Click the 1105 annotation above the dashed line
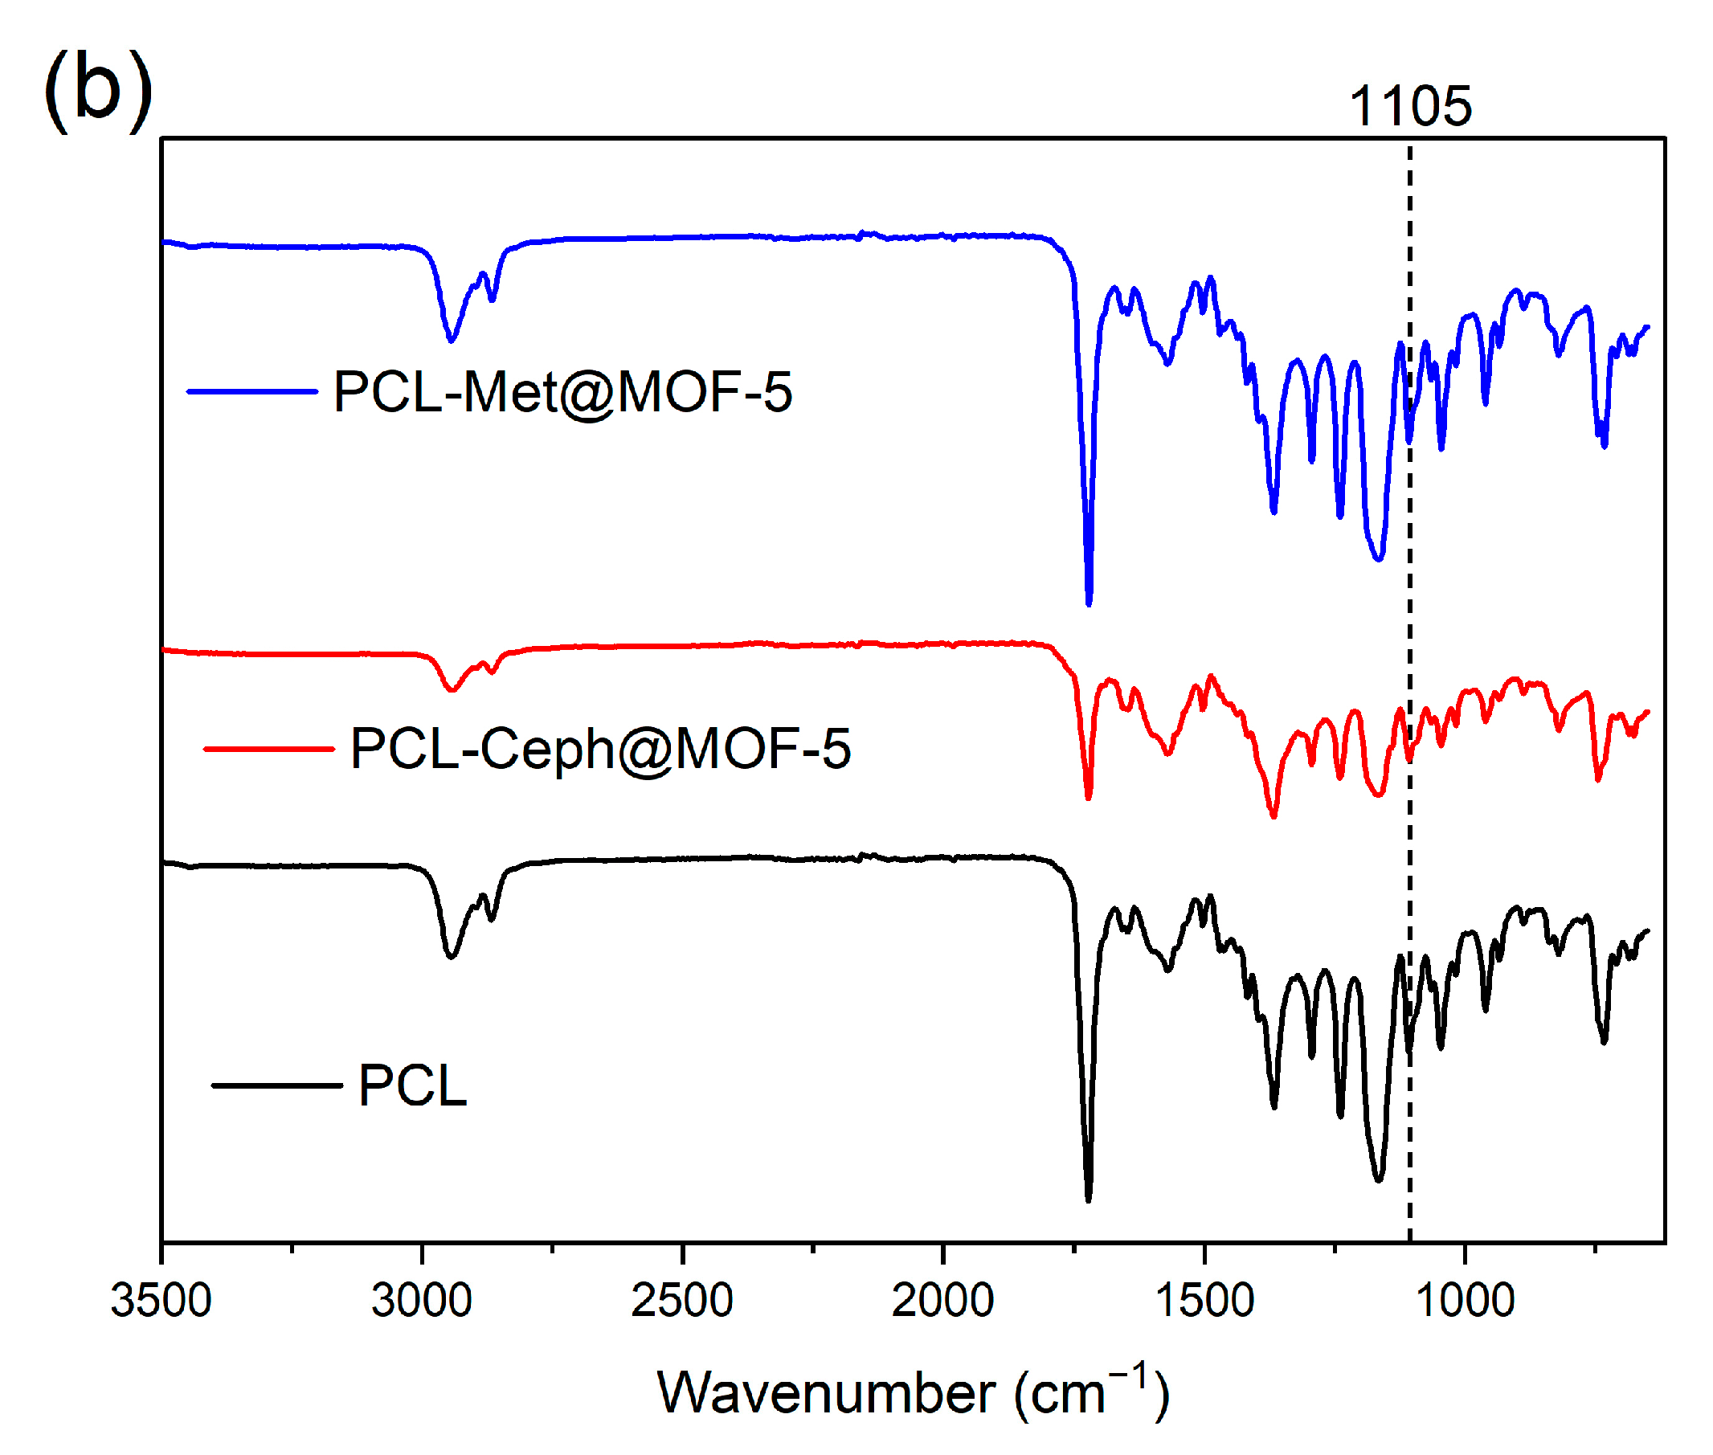click(1408, 107)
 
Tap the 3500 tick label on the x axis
click(161, 1302)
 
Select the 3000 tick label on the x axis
click(422, 1302)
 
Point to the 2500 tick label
click(682, 1302)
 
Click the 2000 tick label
click(942, 1302)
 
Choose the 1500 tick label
click(1204, 1302)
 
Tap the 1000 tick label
click(1464, 1302)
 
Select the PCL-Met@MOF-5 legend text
click(562, 392)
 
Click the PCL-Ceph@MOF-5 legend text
click(600, 749)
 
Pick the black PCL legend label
click(412, 1085)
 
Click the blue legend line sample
click(252, 392)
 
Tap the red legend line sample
click(269, 749)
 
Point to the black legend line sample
click(277, 1085)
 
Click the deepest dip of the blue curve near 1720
click(1089, 602)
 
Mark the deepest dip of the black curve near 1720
click(1088, 1199)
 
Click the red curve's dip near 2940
click(451, 689)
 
